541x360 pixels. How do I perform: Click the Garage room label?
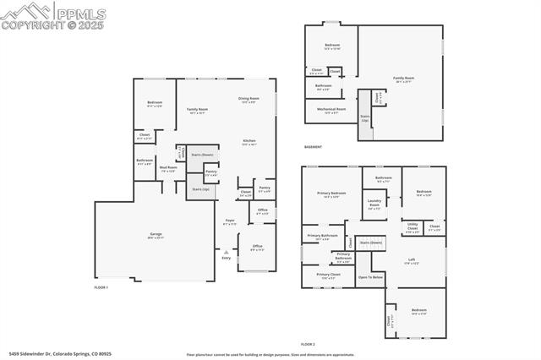point(156,235)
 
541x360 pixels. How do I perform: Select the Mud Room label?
point(167,168)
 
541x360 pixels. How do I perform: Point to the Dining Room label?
point(249,100)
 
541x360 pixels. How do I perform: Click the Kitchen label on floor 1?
point(249,141)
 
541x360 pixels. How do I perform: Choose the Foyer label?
point(230,221)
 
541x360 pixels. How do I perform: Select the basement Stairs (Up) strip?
point(365,118)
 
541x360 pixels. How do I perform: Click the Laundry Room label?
point(374,204)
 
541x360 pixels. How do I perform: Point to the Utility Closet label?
point(413,227)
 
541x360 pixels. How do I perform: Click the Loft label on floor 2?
point(412,261)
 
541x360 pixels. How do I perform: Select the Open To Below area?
point(370,277)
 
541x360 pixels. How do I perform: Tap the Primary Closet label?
point(329,275)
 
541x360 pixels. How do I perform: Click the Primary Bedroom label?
point(332,195)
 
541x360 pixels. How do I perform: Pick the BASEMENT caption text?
point(313,146)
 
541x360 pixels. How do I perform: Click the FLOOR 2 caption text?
point(308,345)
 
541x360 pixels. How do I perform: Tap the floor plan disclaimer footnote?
point(269,355)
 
